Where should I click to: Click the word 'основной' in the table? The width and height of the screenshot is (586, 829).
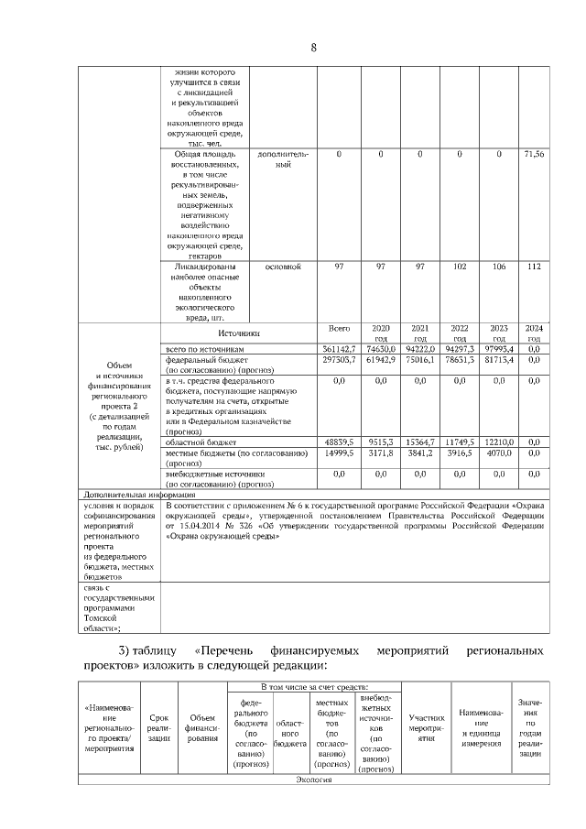click(x=283, y=267)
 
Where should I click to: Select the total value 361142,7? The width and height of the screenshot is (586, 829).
click(x=339, y=349)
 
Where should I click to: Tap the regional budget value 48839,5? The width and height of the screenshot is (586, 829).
click(x=339, y=442)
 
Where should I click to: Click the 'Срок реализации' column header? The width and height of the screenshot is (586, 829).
click(x=159, y=729)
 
